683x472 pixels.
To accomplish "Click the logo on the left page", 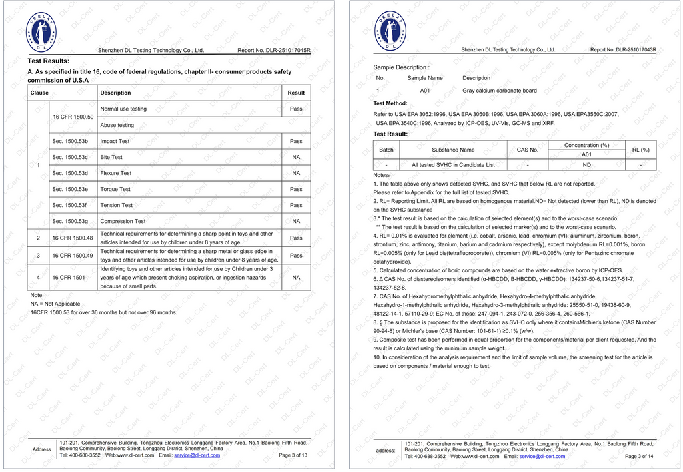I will tap(41, 32).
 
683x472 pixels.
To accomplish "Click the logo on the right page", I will tap(388, 32).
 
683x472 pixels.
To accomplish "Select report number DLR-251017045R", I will tap(274, 51).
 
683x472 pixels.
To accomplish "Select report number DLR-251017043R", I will tap(623, 50).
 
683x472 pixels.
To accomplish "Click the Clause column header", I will tap(40, 93).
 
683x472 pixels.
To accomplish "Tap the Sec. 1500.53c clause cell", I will tap(70, 157).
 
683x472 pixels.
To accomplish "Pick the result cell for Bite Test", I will tap(296, 157).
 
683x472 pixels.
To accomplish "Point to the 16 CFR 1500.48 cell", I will tap(73, 238).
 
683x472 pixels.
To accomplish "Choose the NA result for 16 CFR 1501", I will tap(296, 277).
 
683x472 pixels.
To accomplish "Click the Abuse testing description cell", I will tap(117, 125).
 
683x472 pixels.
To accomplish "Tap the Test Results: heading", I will tap(48, 61).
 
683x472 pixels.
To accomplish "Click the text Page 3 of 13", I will tap(293, 455).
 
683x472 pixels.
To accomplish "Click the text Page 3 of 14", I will tap(640, 456).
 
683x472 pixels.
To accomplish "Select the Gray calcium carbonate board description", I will tap(500, 91).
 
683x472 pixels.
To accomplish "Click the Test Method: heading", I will tap(390, 103).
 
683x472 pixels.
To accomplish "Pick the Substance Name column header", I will tap(453, 150).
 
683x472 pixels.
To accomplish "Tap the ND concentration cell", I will tap(586, 164).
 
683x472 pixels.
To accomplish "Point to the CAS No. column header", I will tap(528, 150).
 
